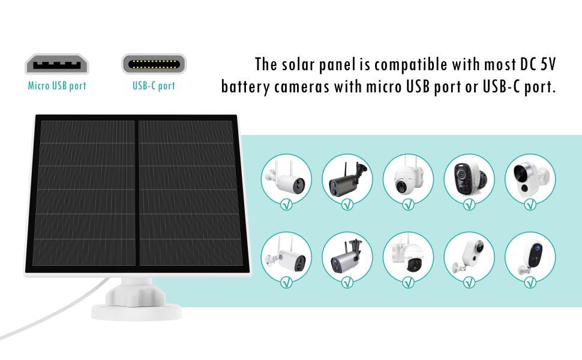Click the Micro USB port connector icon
(x=56, y=64)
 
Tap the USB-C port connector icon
(x=154, y=64)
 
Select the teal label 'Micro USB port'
(x=57, y=86)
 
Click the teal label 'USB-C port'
(x=154, y=86)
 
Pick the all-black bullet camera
(x=346, y=178)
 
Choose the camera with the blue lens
(x=530, y=255)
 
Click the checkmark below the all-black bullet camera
(x=347, y=205)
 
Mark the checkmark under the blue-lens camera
(x=530, y=282)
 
